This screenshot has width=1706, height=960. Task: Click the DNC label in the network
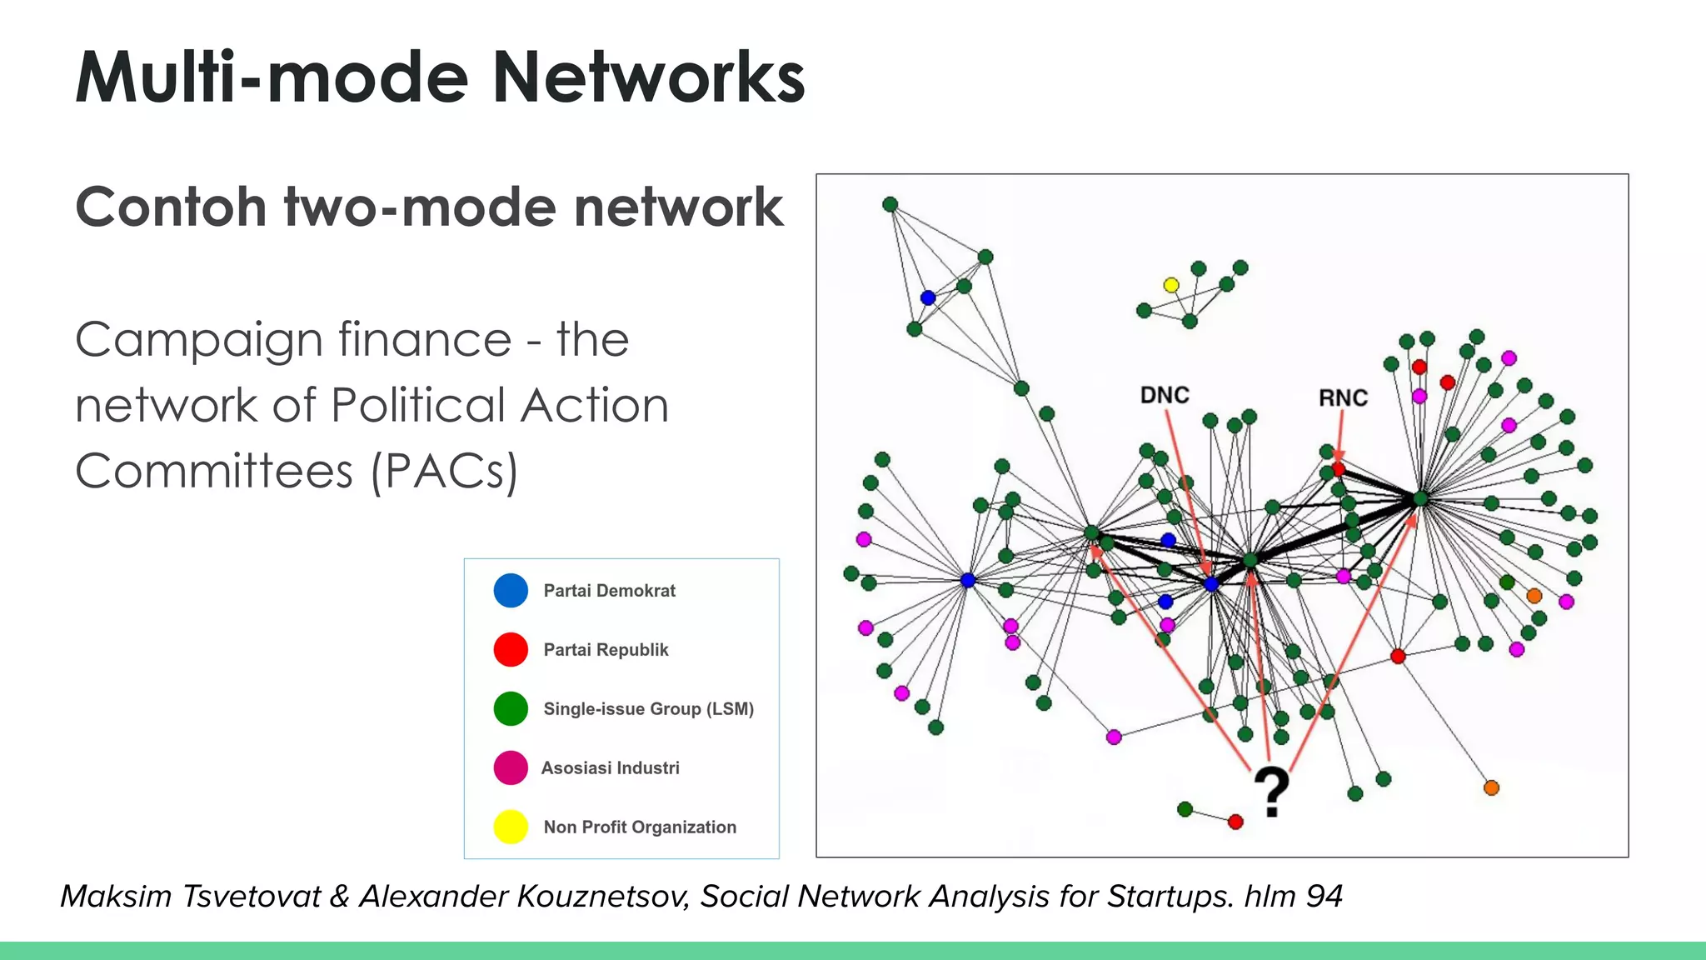point(1164,395)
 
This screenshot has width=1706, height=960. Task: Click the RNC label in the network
point(1343,398)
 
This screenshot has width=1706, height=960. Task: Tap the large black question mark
point(1271,792)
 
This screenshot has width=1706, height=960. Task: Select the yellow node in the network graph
point(1171,286)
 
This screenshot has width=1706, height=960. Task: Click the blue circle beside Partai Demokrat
point(511,591)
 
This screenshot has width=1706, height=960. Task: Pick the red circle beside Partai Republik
point(511,650)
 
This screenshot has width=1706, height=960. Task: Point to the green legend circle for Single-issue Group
point(511,709)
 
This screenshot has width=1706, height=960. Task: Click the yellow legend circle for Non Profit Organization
point(511,827)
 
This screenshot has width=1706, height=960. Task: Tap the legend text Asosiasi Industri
point(611,768)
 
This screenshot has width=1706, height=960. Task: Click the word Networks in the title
point(648,77)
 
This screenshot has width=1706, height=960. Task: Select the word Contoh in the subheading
point(171,207)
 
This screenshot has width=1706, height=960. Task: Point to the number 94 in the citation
point(1324,897)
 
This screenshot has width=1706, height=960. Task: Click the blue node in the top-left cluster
point(928,297)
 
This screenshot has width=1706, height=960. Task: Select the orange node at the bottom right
point(1491,787)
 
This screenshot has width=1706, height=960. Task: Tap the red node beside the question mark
point(1235,822)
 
